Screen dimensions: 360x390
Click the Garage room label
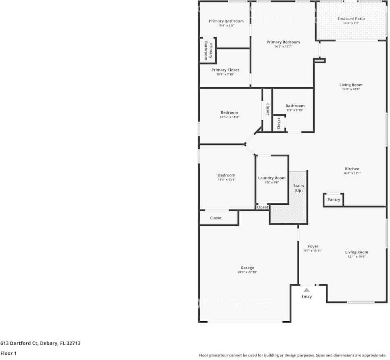[x=247, y=268]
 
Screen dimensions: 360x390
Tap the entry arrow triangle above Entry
[x=307, y=289]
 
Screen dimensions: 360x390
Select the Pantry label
[x=334, y=200]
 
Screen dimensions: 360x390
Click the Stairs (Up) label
[x=298, y=188]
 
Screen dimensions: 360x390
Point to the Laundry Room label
[x=271, y=178]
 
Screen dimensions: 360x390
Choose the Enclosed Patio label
[x=351, y=19]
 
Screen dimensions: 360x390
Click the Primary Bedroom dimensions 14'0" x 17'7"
[x=283, y=47]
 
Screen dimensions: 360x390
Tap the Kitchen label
[x=352, y=169]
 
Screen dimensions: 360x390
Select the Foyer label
[x=313, y=246]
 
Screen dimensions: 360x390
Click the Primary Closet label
[x=225, y=70]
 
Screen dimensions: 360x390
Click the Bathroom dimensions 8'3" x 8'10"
[x=295, y=110]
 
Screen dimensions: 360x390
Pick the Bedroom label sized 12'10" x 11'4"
[x=229, y=112]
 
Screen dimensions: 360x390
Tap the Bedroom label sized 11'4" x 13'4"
[x=226, y=175]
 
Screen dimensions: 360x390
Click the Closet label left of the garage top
[x=216, y=218]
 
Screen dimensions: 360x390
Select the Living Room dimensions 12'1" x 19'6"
[x=357, y=257]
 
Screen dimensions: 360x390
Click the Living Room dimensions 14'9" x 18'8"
[x=351, y=89]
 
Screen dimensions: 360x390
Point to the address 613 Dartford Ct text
[x=40, y=343]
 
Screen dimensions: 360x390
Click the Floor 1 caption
[x=8, y=354]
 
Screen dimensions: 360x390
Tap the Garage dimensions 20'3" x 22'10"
[x=247, y=273]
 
